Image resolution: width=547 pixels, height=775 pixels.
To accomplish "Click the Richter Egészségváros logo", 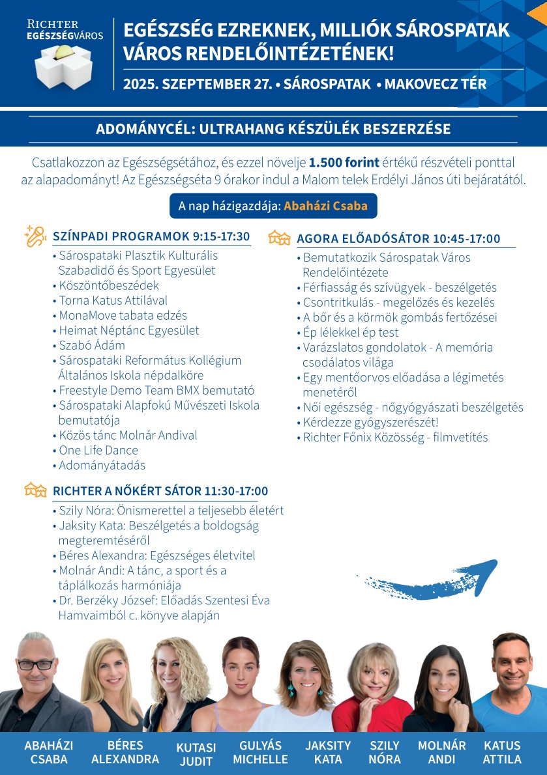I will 64,55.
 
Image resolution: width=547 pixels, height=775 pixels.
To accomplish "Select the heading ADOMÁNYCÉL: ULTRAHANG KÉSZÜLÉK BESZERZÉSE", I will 273,129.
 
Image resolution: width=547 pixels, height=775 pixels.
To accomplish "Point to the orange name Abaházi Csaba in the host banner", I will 325,206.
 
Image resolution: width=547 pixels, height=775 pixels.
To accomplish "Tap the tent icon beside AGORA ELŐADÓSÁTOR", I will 279,238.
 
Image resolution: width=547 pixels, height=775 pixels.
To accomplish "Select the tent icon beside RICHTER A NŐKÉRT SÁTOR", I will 35,490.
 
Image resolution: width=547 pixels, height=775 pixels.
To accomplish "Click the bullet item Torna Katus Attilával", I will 113,300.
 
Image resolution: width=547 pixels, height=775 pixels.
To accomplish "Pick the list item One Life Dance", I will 98,450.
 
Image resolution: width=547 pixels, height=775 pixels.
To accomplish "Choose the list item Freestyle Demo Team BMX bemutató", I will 156,391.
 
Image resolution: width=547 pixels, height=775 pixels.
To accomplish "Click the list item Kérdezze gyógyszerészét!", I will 370,423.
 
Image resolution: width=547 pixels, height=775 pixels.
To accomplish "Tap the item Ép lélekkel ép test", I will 351,332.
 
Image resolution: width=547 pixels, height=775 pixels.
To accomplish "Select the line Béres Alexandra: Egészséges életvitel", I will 156,556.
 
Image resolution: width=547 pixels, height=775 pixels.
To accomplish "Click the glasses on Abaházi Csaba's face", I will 37,665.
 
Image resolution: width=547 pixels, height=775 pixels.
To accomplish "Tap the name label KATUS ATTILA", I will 502,752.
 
